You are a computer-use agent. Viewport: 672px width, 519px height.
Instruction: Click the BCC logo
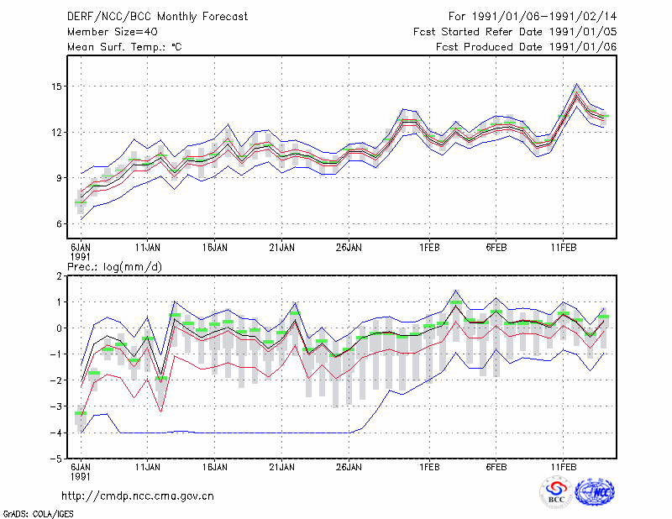pos(556,492)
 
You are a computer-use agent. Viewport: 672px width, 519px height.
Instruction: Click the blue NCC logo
pos(595,492)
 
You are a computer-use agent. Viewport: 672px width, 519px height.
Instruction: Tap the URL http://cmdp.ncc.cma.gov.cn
pos(138,496)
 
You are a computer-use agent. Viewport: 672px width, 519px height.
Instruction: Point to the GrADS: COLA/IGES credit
pos(38,514)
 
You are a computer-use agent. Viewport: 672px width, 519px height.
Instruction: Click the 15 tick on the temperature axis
pos(57,86)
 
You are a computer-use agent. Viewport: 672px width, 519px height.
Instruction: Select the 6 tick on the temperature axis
pos(59,223)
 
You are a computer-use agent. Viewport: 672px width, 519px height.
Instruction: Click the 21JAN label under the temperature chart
pos(281,248)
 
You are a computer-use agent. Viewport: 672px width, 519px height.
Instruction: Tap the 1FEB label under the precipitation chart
pos(429,467)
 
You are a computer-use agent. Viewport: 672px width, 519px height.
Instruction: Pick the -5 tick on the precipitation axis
pos(56,459)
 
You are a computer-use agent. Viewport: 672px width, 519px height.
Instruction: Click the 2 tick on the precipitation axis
pos(59,276)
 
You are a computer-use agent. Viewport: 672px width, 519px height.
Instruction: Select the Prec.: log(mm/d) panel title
pos(114,267)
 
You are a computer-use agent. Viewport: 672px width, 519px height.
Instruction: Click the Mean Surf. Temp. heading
pos(124,47)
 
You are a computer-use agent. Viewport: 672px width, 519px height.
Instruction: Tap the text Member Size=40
pos(113,32)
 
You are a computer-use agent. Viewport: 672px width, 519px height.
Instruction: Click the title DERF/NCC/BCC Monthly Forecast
pos(157,17)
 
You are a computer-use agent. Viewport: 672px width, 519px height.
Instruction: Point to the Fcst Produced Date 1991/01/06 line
pos(527,47)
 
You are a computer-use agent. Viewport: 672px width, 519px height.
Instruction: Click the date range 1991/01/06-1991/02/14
pos(544,17)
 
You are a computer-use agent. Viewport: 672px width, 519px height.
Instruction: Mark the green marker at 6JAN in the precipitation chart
pos(81,413)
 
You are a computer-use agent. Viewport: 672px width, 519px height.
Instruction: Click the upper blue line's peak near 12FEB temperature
pos(576,84)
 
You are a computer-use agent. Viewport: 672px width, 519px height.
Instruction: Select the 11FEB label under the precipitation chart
pos(563,467)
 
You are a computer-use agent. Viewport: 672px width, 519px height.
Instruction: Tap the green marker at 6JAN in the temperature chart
pos(81,202)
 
